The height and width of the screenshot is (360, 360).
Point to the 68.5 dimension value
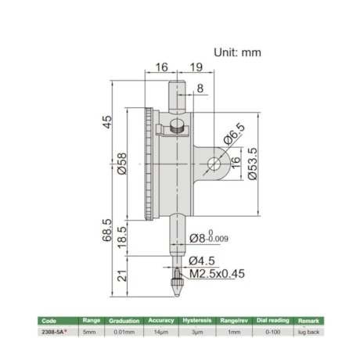click(x=107, y=230)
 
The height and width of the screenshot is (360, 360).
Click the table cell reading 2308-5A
click(x=54, y=332)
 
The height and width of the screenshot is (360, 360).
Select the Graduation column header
click(x=124, y=321)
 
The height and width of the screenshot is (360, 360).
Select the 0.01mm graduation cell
click(x=124, y=332)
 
